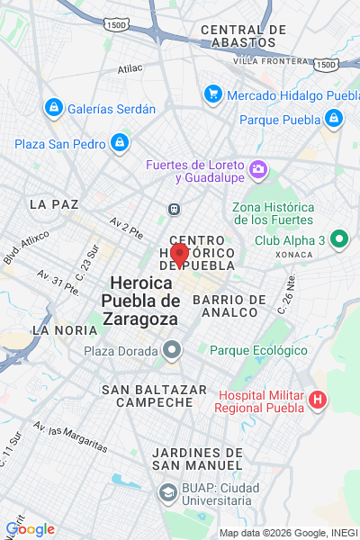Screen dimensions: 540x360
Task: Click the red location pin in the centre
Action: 179,254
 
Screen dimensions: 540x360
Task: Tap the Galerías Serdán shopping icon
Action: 53,109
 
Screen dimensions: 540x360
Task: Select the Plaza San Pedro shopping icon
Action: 119,143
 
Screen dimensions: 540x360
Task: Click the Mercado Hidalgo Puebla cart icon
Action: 213,94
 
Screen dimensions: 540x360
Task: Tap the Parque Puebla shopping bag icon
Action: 334,119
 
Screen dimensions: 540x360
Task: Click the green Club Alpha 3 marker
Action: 338,240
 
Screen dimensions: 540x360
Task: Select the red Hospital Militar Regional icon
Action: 317,399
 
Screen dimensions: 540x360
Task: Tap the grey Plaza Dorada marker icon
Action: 173,350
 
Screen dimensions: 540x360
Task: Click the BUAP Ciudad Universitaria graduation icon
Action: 167,492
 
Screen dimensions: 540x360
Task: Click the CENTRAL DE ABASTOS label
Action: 243,36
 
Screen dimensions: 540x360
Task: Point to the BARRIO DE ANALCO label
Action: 229,306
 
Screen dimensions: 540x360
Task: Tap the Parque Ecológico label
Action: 259,350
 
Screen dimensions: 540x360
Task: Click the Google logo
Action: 30,529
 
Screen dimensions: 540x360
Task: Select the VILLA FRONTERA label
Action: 270,60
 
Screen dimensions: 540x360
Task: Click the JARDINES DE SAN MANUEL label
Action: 197,458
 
